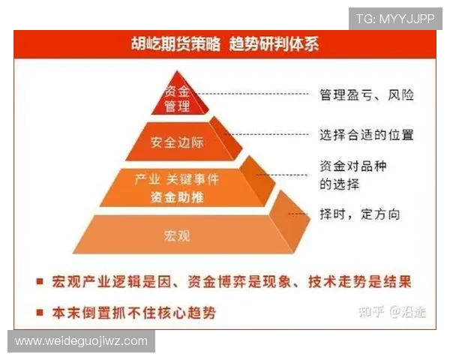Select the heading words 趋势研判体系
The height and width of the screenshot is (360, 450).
coord(274,43)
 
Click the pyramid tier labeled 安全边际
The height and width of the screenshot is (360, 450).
coord(177,141)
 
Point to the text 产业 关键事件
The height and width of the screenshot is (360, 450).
coord(177,180)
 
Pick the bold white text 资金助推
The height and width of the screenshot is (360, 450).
coord(177,198)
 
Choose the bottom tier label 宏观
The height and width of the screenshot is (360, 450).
coord(177,235)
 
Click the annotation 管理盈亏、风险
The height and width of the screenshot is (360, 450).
coord(367,95)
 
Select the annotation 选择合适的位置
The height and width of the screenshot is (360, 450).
coord(367,135)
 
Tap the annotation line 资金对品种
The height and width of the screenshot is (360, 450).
coord(353,166)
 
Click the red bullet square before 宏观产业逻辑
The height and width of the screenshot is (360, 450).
coord(38,282)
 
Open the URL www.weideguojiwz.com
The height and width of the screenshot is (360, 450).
coord(81,340)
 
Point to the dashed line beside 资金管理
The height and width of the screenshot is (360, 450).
coord(255,94)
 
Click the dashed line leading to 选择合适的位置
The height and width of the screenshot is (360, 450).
coord(270,135)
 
